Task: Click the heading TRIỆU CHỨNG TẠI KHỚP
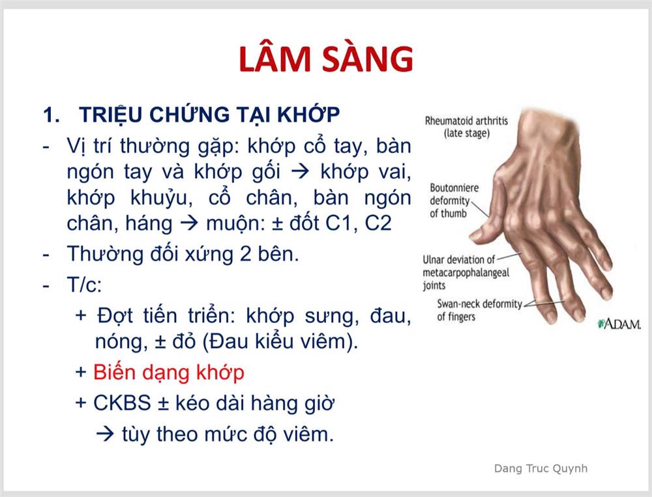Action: point(209,114)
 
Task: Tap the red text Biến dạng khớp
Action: point(168,373)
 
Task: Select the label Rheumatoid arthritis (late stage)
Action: point(466,127)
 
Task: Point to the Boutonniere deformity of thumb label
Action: point(454,201)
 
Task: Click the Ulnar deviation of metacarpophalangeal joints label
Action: point(466,273)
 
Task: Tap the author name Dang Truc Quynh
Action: point(541,468)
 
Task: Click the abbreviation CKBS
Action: point(122,403)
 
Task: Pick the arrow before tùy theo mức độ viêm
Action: point(105,434)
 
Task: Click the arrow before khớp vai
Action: point(300,171)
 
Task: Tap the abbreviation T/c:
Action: point(84,285)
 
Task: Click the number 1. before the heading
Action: point(52,115)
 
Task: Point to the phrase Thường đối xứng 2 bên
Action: point(183,254)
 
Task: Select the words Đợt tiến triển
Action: point(166,316)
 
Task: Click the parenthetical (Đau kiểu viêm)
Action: point(280,342)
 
